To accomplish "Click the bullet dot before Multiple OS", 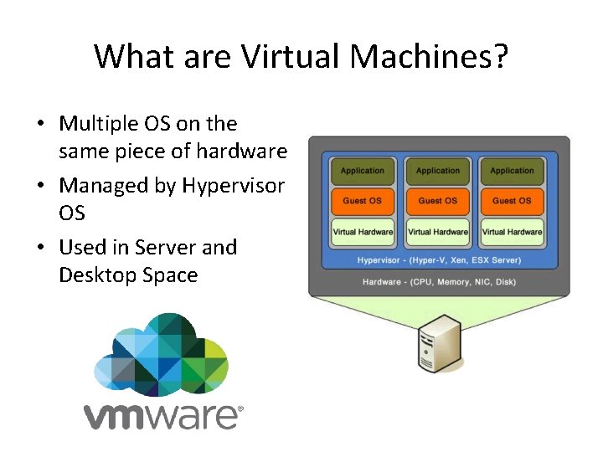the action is pos(40,125).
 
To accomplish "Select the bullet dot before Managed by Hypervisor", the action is pos(40,186).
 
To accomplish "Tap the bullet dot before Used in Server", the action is pos(40,249).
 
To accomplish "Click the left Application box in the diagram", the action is pos(363,171).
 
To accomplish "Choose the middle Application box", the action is pos(438,171).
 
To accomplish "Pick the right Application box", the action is pos(512,171).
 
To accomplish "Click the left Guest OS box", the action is pos(363,201).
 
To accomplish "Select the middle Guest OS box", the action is pos(438,201).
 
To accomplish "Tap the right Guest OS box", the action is pos(512,201).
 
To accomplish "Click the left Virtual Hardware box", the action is pos(363,232).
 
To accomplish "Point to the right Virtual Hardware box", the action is pos(512,232).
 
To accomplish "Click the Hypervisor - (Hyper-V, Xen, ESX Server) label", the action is pos(438,260).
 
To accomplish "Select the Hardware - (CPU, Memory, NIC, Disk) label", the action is pos(438,282).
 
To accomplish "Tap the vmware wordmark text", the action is pos(162,413).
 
